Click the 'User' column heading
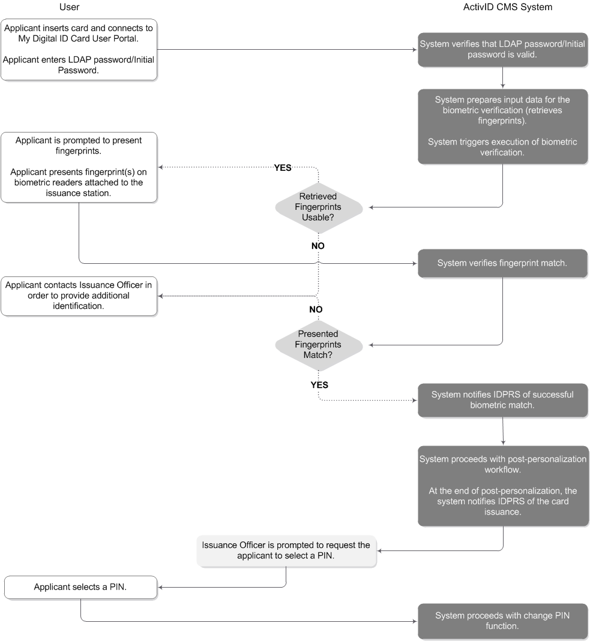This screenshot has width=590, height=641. (x=69, y=7)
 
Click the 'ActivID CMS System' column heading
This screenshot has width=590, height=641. (x=508, y=7)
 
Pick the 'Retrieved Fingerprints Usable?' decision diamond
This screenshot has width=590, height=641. (x=319, y=207)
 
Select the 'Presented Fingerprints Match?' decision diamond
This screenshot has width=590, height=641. (x=319, y=345)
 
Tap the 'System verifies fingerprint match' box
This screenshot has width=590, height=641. (x=502, y=263)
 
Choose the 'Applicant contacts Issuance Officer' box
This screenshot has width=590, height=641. (x=79, y=296)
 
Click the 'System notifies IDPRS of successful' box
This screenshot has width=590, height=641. (x=502, y=400)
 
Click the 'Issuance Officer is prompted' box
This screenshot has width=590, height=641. (x=286, y=550)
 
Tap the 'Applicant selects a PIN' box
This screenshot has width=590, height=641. (x=80, y=587)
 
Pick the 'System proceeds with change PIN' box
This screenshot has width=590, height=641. (x=502, y=621)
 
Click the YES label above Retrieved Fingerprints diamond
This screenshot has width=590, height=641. (x=282, y=168)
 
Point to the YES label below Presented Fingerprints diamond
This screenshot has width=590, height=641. (x=319, y=385)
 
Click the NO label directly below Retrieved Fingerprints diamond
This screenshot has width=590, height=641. (x=318, y=246)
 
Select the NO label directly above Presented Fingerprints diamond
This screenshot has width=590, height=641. (x=316, y=309)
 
